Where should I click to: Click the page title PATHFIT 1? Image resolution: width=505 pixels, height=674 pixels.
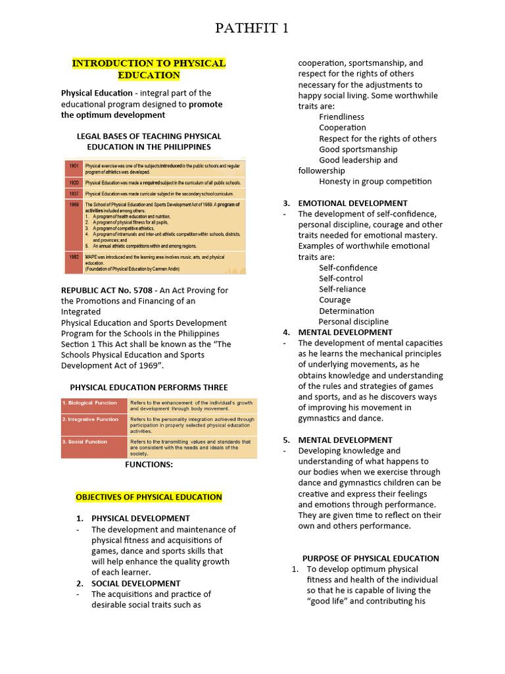(x=252, y=28)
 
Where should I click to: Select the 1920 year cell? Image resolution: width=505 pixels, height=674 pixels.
(x=74, y=182)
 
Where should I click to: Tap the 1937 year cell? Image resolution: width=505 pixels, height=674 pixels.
(x=74, y=194)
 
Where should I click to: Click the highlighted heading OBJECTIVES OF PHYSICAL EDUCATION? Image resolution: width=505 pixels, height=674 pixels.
(x=149, y=497)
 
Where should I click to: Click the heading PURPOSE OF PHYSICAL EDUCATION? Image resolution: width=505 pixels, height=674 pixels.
(x=370, y=558)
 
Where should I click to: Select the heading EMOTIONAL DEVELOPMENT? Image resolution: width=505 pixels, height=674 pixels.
(x=352, y=203)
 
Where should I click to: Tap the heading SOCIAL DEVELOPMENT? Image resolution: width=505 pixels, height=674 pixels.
(x=135, y=583)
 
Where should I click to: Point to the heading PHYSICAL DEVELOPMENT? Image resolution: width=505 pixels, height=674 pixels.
(x=141, y=519)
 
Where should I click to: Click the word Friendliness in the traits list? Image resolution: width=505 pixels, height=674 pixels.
(x=341, y=117)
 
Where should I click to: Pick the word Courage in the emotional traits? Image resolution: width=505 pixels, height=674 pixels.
(x=335, y=299)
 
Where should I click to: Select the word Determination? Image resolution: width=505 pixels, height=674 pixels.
(x=347, y=311)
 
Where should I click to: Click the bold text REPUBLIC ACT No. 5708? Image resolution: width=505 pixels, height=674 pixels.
(x=107, y=290)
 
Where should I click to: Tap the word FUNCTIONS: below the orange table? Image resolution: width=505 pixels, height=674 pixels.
(x=149, y=465)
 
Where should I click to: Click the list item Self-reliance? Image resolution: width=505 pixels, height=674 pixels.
(x=343, y=289)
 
